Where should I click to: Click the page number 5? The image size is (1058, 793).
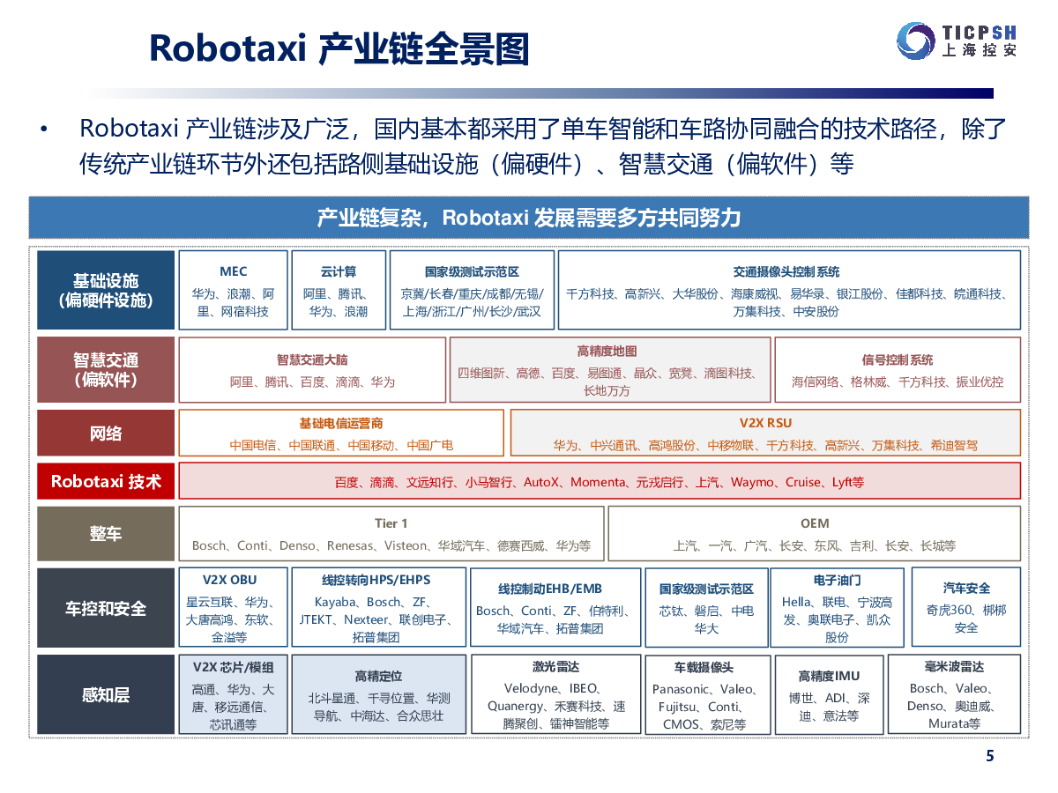[990, 755]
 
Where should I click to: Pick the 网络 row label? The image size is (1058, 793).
[106, 433]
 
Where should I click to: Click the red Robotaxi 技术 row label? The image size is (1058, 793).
[106, 481]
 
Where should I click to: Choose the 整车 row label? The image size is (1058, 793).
[106, 533]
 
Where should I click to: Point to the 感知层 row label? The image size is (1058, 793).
[106, 694]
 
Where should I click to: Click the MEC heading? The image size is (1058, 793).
[234, 271]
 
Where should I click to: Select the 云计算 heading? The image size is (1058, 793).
[339, 271]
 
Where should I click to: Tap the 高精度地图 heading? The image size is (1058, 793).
[607, 351]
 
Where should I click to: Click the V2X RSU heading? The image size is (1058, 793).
[765, 423]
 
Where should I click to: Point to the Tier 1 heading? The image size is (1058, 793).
[391, 522]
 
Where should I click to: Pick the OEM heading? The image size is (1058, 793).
[815, 522]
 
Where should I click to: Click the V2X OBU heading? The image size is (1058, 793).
[229, 580]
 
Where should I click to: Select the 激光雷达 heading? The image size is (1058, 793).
[555, 666]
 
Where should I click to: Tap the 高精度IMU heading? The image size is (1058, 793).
[829, 676]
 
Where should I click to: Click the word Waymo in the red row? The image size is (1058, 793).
[751, 482]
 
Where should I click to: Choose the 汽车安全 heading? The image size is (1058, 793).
[966, 588]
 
